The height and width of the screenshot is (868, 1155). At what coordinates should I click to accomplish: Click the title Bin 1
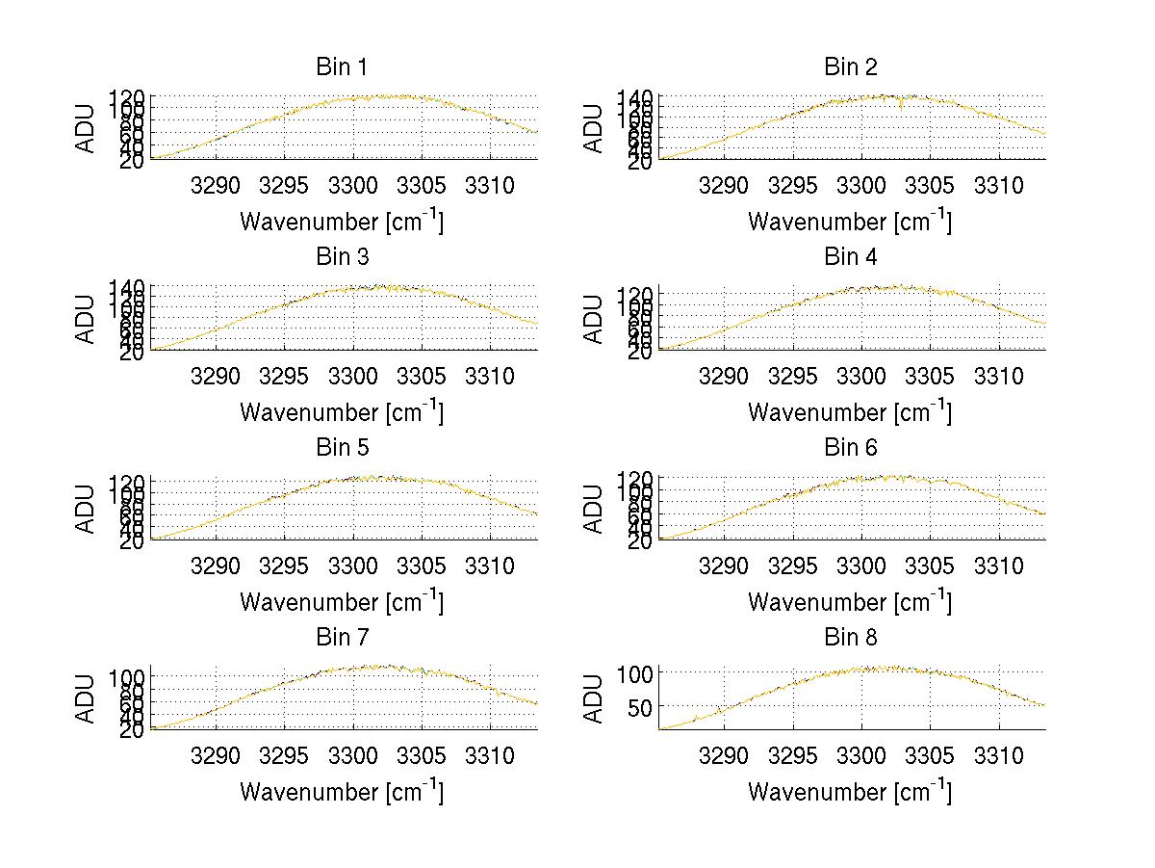342,67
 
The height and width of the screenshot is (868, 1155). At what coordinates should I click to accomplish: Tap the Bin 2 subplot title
851,67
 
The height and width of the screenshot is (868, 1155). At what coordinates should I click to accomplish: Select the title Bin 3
342,257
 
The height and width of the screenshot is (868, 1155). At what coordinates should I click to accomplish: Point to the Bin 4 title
851,257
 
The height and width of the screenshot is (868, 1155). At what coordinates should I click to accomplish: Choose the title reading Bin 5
342,448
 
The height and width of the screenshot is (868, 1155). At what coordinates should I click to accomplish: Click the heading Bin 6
851,448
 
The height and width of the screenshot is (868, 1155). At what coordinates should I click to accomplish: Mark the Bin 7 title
342,638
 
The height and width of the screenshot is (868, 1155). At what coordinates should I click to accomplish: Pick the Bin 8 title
851,638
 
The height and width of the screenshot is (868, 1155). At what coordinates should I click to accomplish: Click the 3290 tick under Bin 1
216,185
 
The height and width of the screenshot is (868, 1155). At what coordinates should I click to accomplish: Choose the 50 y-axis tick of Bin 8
639,707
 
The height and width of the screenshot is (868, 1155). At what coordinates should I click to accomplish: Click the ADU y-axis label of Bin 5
87,507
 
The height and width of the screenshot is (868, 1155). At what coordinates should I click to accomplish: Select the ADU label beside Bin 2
595,127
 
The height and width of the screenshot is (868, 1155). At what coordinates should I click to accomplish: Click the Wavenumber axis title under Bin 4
850,412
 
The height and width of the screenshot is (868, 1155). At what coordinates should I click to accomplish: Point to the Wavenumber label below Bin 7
342,792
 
